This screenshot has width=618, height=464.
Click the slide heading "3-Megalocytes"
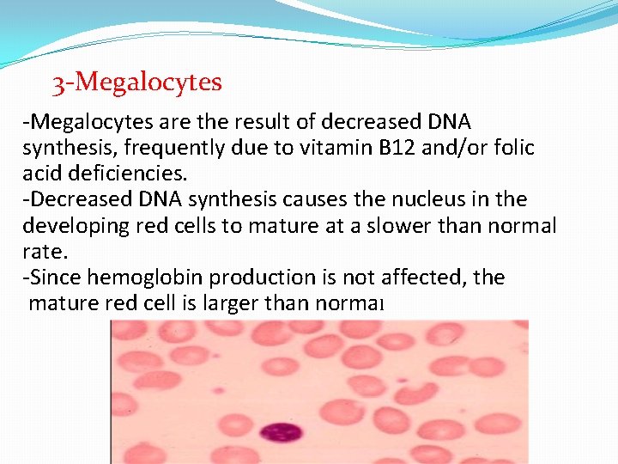136,82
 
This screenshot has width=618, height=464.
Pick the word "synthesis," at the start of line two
69,148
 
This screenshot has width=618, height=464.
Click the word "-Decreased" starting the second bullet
76,199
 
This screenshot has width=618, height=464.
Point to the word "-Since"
48,277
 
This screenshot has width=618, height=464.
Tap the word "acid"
40,174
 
